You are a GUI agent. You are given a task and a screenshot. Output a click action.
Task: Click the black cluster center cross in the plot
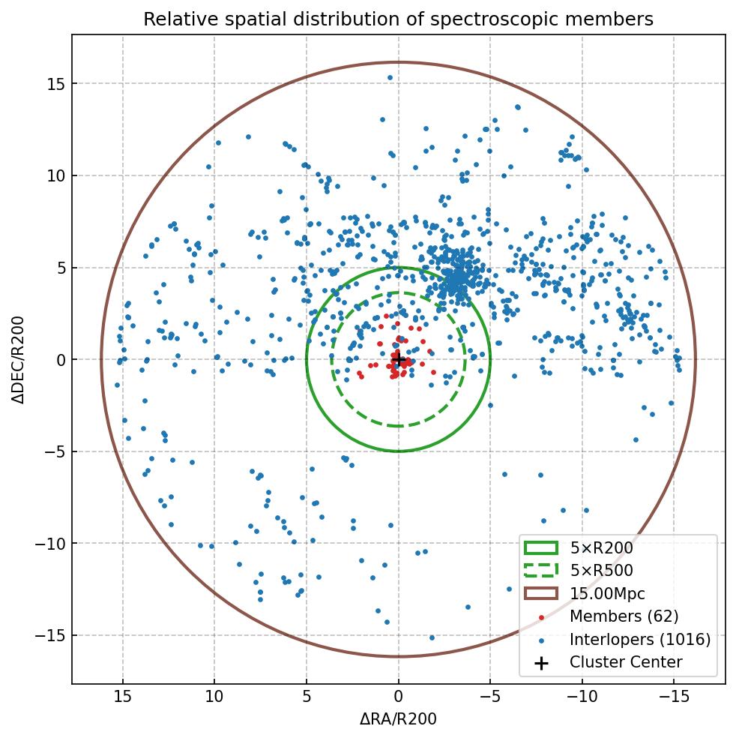point(399,360)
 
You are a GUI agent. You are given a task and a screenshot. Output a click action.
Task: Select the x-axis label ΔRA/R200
point(398,719)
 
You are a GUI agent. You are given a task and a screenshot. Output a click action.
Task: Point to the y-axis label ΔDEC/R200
point(18,360)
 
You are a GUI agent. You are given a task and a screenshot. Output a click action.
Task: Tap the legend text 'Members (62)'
point(624,616)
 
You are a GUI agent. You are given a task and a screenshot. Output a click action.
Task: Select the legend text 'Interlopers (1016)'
point(639,640)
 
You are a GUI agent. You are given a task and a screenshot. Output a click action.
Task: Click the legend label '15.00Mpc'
point(607,593)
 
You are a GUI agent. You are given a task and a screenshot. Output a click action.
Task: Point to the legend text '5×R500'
point(601,571)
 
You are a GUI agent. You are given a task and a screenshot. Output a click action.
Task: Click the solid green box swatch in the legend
point(541,548)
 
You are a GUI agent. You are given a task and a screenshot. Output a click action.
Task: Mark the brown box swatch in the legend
point(541,593)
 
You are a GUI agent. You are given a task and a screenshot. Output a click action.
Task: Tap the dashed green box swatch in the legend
point(541,571)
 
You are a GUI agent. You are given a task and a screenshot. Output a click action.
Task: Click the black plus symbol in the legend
point(541,663)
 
